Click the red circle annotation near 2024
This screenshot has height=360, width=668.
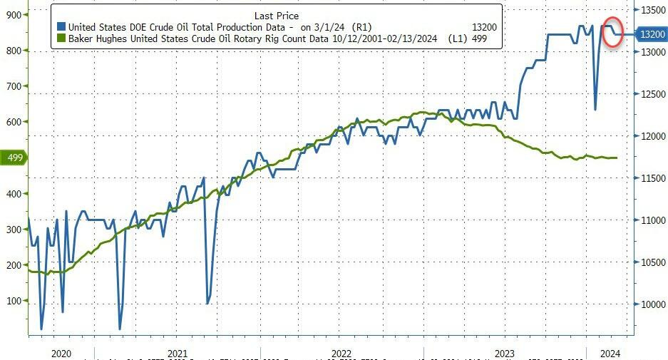click(612, 32)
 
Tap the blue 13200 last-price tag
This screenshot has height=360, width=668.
click(651, 34)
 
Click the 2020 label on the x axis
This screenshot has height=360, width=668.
click(62, 353)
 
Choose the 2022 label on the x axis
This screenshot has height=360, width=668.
click(341, 353)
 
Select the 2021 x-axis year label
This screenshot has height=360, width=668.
click(177, 353)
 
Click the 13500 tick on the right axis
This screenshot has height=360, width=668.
click(652, 10)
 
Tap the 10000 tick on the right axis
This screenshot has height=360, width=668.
click(652, 304)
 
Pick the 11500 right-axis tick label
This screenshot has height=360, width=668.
click(652, 178)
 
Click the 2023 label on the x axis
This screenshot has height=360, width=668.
click(505, 353)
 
